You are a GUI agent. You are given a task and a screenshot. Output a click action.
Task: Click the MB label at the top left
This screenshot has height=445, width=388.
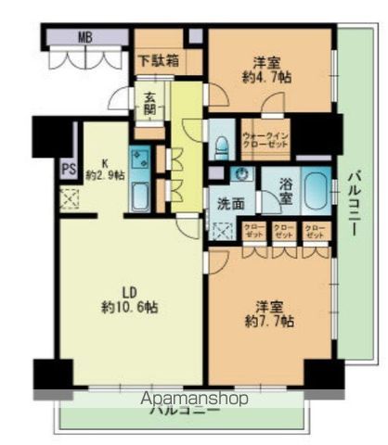point(84,39)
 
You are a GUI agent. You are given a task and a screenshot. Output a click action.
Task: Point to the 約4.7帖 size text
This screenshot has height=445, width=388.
point(268,80)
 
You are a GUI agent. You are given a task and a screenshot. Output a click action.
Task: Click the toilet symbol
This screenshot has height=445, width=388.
point(221,146)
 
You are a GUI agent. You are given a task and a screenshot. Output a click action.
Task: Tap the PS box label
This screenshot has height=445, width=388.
point(68,169)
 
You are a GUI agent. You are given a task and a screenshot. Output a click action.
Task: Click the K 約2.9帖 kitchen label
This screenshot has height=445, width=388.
point(104,167)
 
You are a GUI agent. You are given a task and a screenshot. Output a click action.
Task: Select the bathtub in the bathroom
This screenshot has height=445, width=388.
point(316,191)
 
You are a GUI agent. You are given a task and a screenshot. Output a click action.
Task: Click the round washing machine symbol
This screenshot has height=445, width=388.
point(240,175)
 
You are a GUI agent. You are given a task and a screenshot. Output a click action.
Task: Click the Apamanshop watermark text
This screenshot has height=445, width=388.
point(196,399)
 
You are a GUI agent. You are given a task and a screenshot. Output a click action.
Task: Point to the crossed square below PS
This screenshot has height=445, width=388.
point(68,198)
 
